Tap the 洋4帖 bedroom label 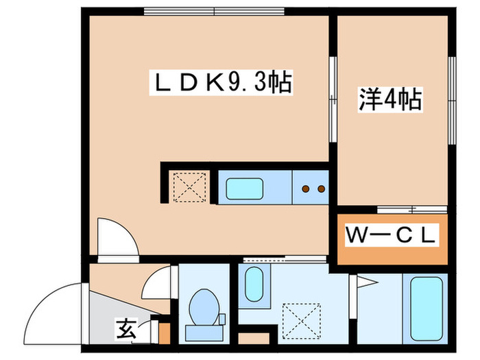pos(388,101)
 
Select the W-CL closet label pos(391,238)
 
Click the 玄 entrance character pos(125,331)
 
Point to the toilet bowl pos(204,307)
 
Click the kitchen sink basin pos(245,187)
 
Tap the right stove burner pos(320,187)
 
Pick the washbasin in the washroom pos(254,283)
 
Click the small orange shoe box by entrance pos(164,332)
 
